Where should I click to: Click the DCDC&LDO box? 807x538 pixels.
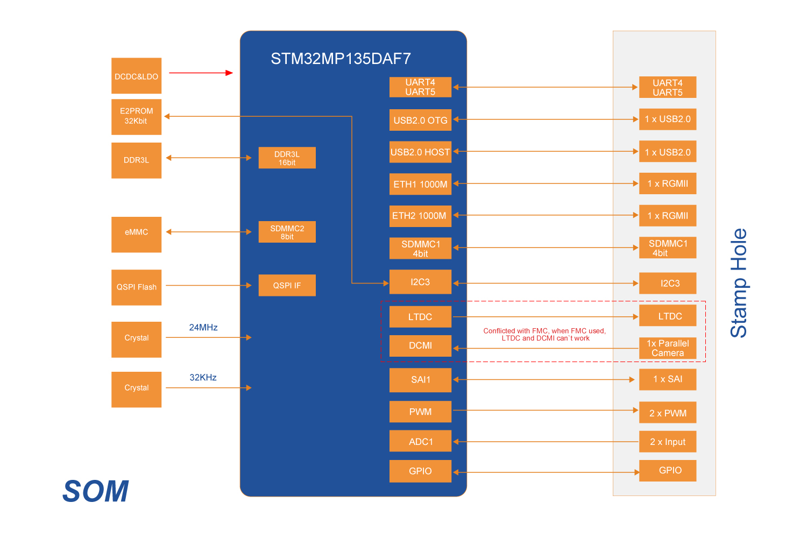[x=136, y=76]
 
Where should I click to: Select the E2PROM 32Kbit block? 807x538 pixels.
[x=136, y=116]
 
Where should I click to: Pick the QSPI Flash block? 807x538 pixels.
[x=136, y=287]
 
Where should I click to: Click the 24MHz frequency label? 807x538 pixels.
[x=203, y=327]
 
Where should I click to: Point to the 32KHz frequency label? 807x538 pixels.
[x=203, y=377]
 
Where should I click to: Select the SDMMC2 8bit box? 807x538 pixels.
[x=287, y=232]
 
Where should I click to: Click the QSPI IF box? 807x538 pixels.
[x=287, y=285]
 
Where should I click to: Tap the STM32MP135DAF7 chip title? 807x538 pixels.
[x=341, y=58]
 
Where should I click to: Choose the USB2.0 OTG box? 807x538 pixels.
[x=420, y=120]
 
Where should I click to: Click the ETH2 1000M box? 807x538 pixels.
[x=420, y=216]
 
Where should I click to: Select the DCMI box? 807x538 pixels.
[x=420, y=345]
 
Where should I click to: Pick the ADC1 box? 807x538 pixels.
[x=420, y=441]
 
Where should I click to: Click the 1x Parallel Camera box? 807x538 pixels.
[x=668, y=348]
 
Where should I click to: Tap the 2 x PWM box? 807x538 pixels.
[x=668, y=413]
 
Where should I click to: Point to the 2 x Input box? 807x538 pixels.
[x=668, y=442]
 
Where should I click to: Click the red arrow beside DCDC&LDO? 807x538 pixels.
[x=201, y=73]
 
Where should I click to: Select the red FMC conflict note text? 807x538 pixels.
[x=544, y=335]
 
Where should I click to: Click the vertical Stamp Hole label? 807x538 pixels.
[x=739, y=283]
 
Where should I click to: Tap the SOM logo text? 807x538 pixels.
[x=96, y=491]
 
